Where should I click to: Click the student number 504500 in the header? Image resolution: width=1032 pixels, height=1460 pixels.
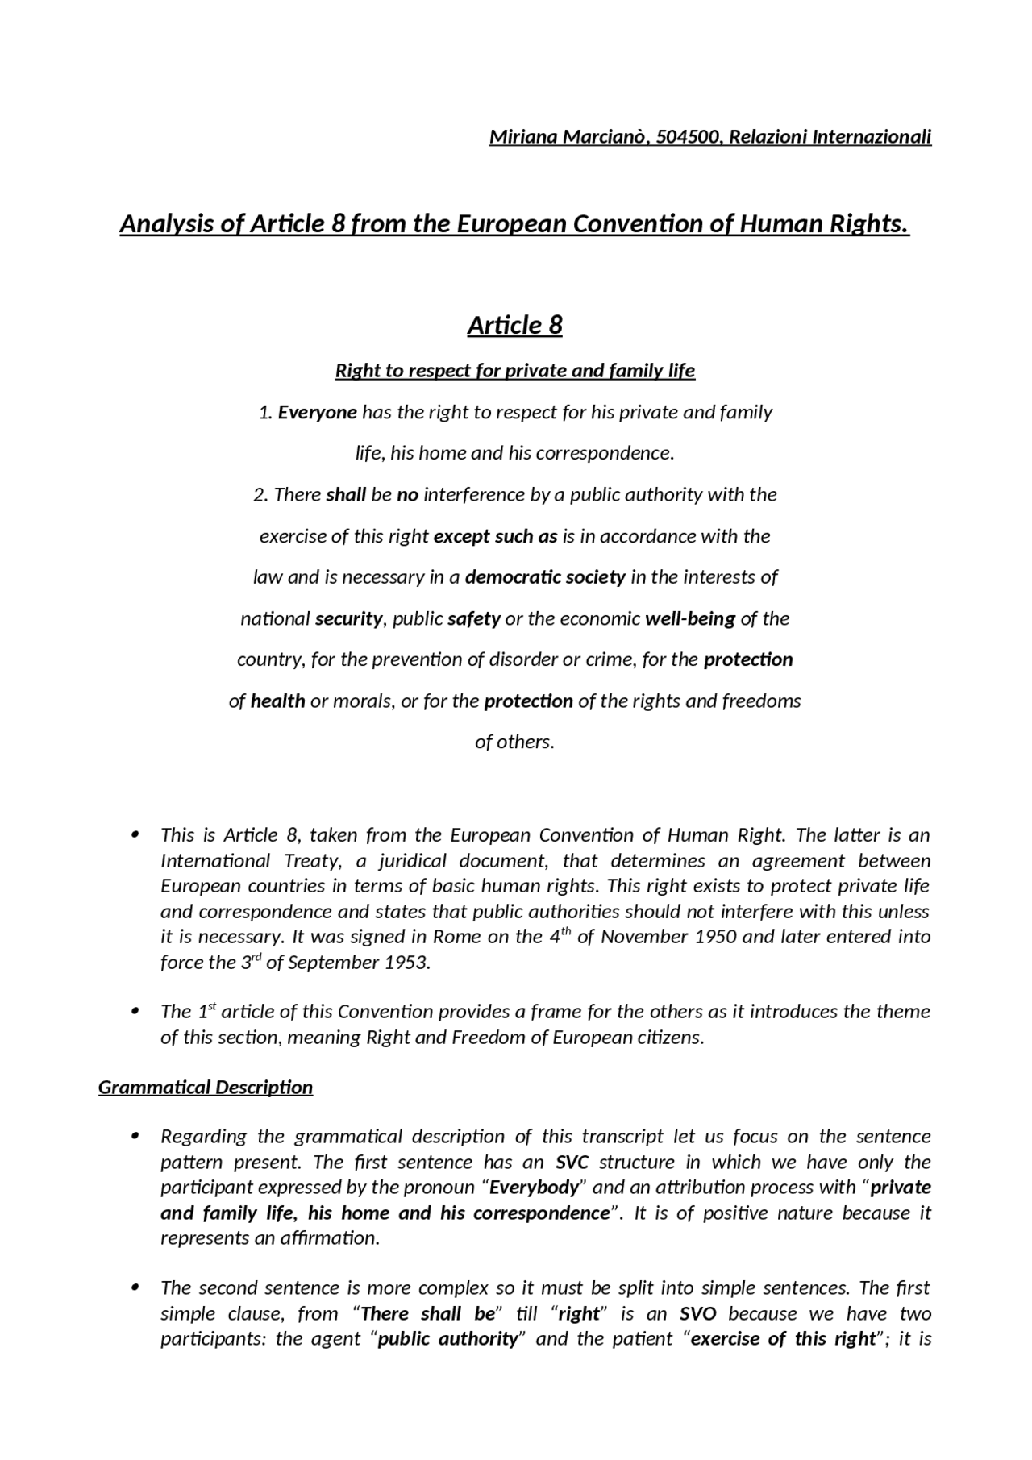click(x=687, y=137)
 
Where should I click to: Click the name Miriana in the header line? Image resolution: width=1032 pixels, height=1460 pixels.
click(x=522, y=137)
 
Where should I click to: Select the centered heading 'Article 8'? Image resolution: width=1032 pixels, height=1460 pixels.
click(x=514, y=325)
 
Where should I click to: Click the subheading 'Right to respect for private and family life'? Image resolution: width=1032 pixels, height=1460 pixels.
click(x=514, y=371)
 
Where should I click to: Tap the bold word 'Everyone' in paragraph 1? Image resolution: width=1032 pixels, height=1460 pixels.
click(x=317, y=413)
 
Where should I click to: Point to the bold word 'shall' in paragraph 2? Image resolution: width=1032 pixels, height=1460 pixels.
click(x=346, y=495)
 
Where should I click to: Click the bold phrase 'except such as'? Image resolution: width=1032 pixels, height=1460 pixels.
click(x=495, y=536)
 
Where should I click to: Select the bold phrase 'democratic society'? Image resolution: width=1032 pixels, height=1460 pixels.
click(x=545, y=577)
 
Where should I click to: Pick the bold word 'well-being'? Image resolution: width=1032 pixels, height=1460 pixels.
click(x=690, y=619)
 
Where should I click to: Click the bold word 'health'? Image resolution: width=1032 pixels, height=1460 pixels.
click(x=277, y=701)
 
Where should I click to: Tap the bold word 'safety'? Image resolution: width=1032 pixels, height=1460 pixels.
click(x=474, y=619)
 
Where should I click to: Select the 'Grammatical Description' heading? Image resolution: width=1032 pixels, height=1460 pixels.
click(x=206, y=1088)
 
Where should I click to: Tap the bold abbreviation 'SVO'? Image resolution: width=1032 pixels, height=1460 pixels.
click(x=698, y=1314)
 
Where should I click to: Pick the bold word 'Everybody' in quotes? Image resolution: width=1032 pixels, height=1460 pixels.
click(x=535, y=1188)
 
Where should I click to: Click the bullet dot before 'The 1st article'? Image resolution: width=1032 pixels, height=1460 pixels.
click(x=136, y=1011)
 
